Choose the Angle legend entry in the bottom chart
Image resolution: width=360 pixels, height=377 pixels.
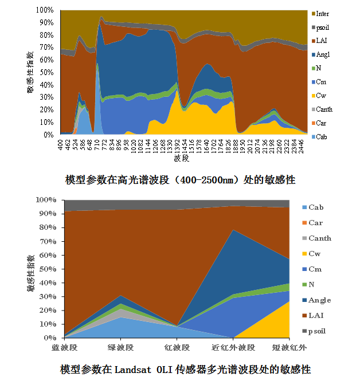(319, 300)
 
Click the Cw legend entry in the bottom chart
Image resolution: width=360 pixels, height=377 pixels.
(315, 254)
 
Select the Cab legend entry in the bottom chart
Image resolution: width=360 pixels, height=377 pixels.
(316, 207)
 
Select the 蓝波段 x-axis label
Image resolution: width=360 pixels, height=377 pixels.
(65, 347)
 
